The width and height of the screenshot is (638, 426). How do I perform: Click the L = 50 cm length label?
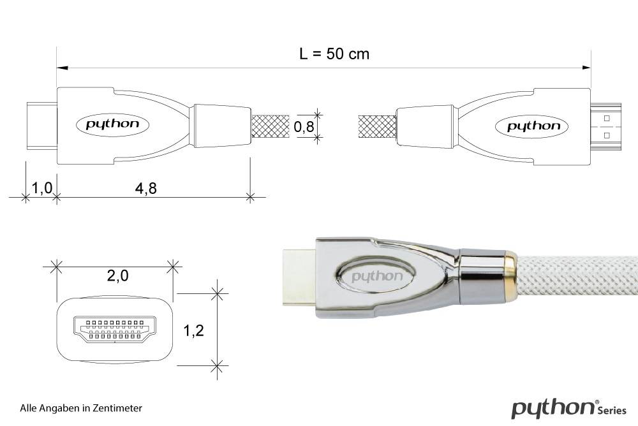(x=334, y=54)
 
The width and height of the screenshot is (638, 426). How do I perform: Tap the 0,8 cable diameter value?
(x=304, y=127)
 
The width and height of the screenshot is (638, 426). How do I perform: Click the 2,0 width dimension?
(x=117, y=275)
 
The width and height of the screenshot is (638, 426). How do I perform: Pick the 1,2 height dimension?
(x=193, y=331)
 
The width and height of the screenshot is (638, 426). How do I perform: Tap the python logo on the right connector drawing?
(x=533, y=126)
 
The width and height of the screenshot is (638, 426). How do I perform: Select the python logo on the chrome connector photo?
(x=377, y=277)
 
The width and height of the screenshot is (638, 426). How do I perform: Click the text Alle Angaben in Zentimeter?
(x=81, y=408)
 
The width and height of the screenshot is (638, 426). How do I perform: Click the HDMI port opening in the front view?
(x=115, y=330)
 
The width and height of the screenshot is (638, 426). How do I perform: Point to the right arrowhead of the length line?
(x=586, y=67)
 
